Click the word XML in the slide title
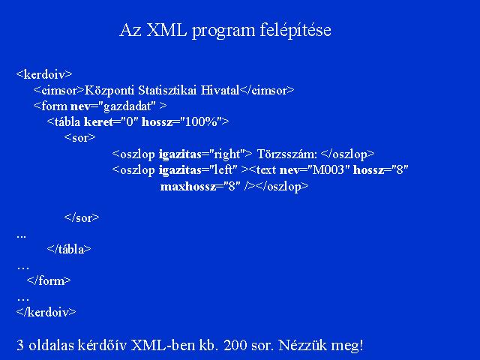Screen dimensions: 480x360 [166, 30]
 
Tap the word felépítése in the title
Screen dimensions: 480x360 [295, 31]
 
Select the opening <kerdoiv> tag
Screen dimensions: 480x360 [44, 74]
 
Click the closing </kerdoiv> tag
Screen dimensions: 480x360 [46, 312]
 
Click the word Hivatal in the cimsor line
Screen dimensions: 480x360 [220, 90]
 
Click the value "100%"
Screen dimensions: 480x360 [200, 121]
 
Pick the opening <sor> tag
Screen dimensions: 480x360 [80, 138]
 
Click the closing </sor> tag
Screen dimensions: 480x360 [82, 217]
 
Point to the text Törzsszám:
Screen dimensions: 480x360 [286, 154]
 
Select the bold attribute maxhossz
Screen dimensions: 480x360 [188, 186]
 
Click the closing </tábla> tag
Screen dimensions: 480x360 [69, 249]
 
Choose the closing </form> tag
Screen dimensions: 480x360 [49, 280]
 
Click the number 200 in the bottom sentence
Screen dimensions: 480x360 [235, 345]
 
